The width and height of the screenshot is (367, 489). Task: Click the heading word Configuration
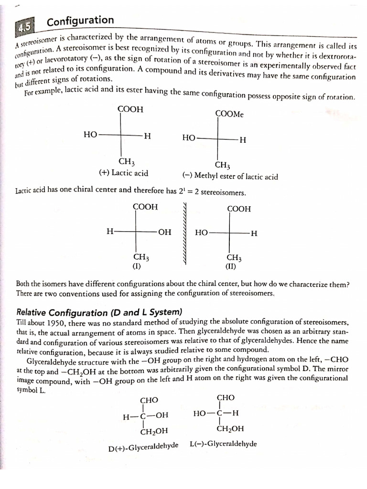pos(80,21)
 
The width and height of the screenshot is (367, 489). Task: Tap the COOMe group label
pos(230,114)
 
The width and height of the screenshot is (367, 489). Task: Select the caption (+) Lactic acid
pos(123,173)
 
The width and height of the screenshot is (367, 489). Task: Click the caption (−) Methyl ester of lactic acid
pos(230,176)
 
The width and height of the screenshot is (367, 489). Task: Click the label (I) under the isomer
pos(136,266)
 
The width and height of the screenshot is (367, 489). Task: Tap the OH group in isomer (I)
pos(164,232)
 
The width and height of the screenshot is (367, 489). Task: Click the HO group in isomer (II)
pos(202,233)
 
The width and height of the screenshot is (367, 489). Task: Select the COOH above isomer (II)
pos(238,209)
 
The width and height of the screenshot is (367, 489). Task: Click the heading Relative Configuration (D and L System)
pos(99,313)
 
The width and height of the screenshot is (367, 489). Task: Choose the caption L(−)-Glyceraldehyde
pos(223,444)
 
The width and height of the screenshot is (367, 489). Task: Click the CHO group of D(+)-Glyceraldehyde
pos(149,400)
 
